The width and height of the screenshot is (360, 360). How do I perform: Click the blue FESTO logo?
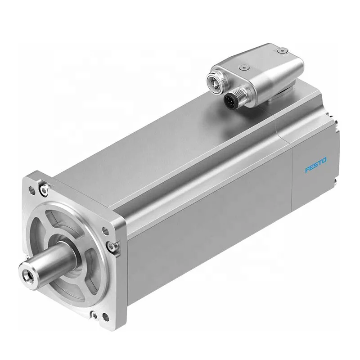coord(316,165)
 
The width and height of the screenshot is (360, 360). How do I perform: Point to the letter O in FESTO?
coord(325,160)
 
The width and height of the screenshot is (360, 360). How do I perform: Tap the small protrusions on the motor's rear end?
coord(336,148)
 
